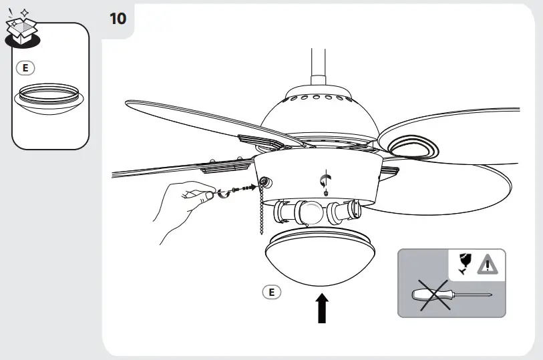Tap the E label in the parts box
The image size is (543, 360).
pyautogui.click(x=24, y=67)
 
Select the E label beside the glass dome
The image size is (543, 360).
pyautogui.click(x=271, y=292)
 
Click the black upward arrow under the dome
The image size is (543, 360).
pyautogui.click(x=323, y=309)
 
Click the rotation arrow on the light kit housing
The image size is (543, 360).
pyautogui.click(x=326, y=178)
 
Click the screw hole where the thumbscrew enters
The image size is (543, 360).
pyautogui.click(x=264, y=182)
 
